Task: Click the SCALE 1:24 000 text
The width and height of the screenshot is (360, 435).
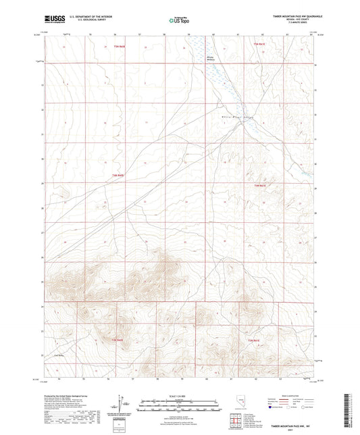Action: click(178, 396)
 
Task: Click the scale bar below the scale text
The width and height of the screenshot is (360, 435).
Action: click(178, 404)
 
